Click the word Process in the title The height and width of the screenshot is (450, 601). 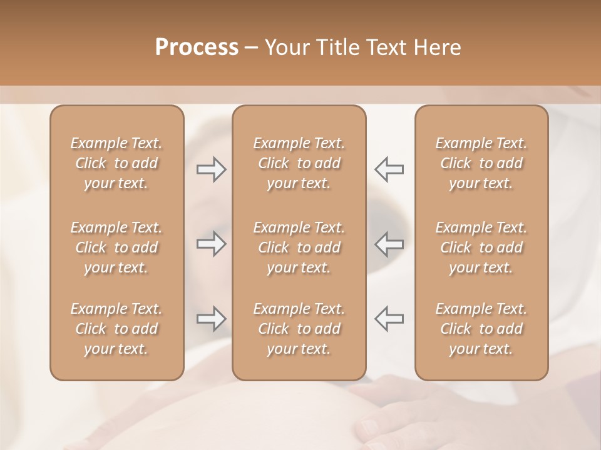point(197,47)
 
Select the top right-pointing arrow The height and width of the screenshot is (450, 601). point(212,169)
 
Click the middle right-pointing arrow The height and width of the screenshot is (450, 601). point(212,244)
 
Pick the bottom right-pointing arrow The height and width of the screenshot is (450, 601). point(212,319)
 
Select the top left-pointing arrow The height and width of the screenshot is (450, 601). point(389,169)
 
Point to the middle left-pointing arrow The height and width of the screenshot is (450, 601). point(389,244)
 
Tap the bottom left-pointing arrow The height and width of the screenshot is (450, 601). point(389,319)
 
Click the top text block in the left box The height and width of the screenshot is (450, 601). point(116,163)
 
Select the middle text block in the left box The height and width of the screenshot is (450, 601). point(116,247)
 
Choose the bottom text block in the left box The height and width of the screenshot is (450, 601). point(116,329)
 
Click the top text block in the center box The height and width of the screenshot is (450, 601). point(299,163)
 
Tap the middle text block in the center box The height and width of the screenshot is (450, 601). point(299,247)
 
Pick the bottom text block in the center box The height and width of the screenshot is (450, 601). point(299,329)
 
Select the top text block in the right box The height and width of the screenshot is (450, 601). point(481,163)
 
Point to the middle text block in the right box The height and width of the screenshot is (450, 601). point(481,247)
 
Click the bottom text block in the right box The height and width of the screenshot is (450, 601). point(481,329)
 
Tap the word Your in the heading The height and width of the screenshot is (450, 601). point(285,47)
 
